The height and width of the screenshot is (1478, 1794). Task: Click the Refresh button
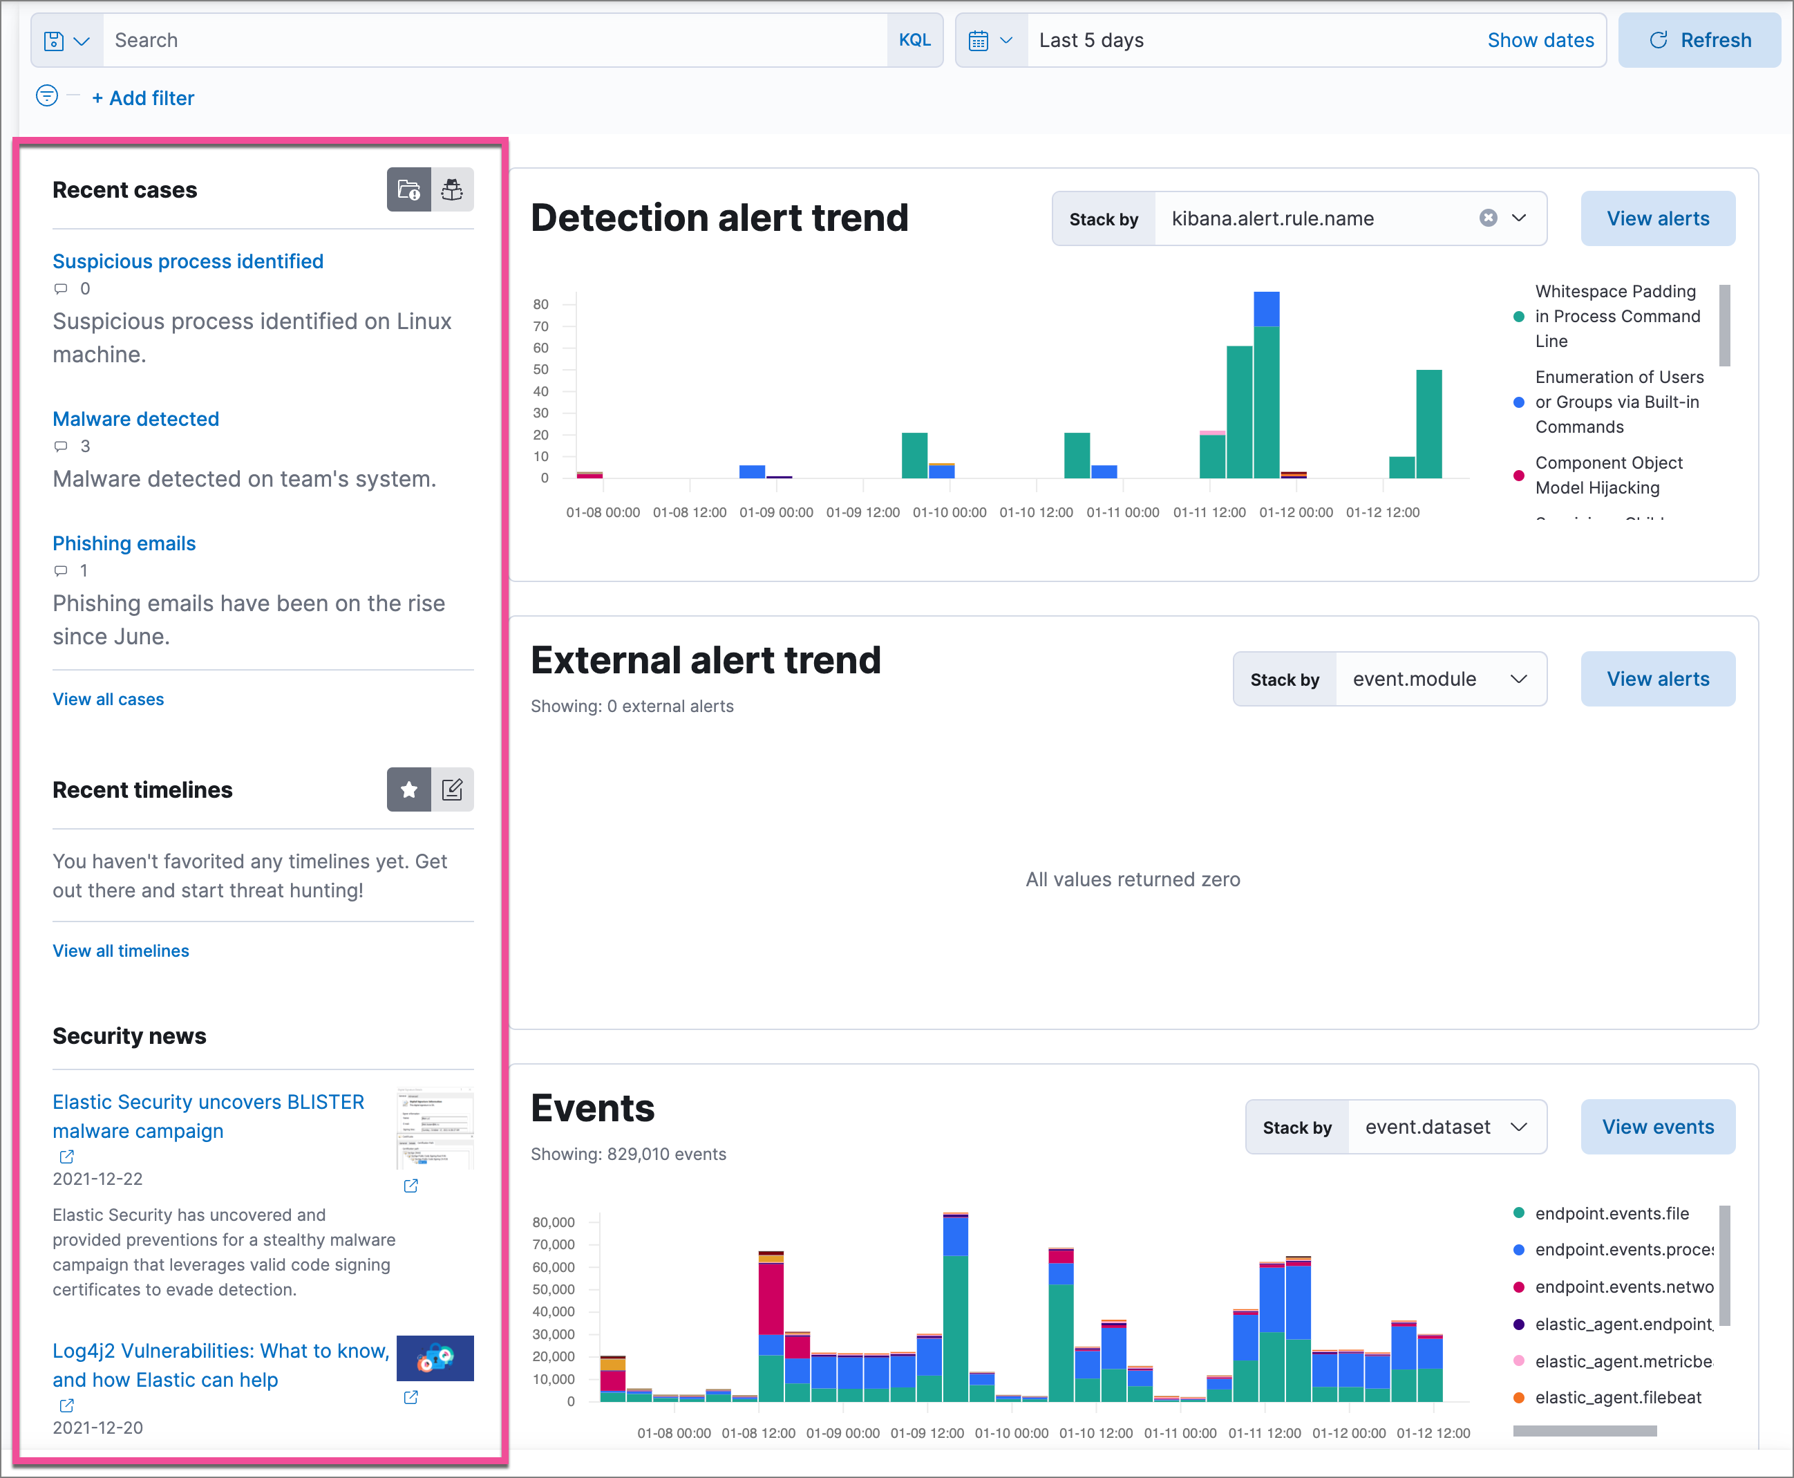point(1699,40)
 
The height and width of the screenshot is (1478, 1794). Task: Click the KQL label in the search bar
point(914,40)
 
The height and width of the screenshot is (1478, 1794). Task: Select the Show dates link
point(1540,40)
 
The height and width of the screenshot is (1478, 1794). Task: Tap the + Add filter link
point(143,98)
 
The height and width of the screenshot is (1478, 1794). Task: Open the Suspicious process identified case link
point(187,261)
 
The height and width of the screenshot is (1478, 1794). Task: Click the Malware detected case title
point(135,419)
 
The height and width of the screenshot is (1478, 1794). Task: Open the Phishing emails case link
point(124,543)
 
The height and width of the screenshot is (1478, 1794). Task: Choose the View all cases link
point(108,699)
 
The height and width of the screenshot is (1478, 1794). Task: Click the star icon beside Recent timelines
point(408,789)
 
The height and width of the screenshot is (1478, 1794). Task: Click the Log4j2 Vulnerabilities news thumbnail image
point(435,1358)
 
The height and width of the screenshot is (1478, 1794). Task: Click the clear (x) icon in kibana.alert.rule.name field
point(1488,218)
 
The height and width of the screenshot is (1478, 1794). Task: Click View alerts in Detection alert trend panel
point(1657,219)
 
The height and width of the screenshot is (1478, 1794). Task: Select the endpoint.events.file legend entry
point(1611,1213)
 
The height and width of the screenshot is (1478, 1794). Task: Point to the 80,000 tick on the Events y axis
point(553,1222)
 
